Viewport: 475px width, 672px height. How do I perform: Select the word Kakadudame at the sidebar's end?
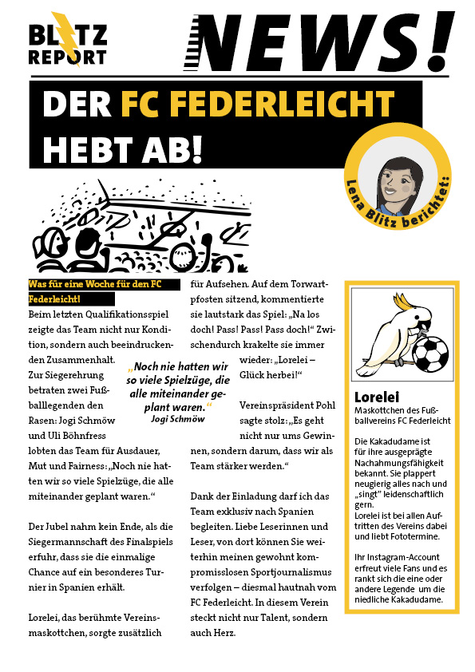point(414,599)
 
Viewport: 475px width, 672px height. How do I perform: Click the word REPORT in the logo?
point(67,58)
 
